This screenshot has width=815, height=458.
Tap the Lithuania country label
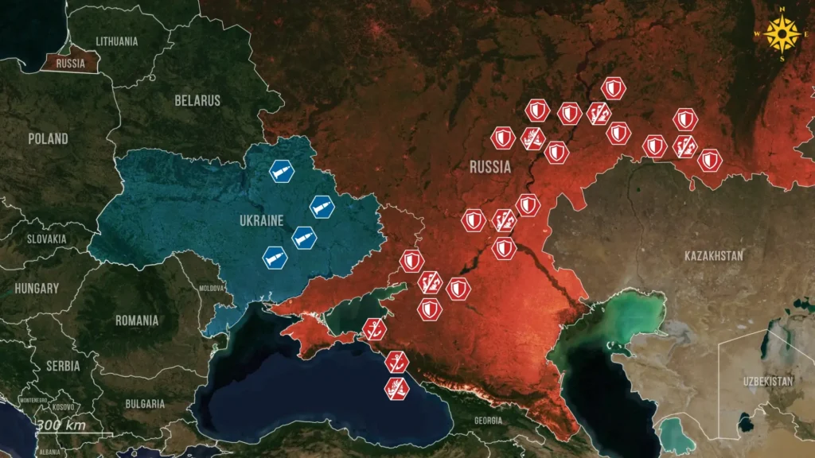(x=116, y=40)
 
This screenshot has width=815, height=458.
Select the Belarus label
(x=197, y=101)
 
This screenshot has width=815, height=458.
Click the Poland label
(x=48, y=138)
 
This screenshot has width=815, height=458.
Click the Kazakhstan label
(x=714, y=255)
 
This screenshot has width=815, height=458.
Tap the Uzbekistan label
(x=767, y=381)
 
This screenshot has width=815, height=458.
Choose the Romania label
(x=137, y=320)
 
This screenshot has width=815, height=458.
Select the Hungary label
(x=36, y=288)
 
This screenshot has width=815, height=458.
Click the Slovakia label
(x=47, y=239)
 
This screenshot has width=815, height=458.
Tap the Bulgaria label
(x=144, y=404)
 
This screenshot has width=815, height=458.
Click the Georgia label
(x=488, y=420)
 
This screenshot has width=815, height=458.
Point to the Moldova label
(x=212, y=287)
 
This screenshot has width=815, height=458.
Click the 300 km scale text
(x=60, y=425)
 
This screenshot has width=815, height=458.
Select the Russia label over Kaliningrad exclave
(x=71, y=64)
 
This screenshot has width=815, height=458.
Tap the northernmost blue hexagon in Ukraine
(x=282, y=171)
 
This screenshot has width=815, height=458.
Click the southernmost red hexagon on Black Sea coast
(x=397, y=387)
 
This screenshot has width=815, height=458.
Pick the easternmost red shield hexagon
(x=709, y=160)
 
